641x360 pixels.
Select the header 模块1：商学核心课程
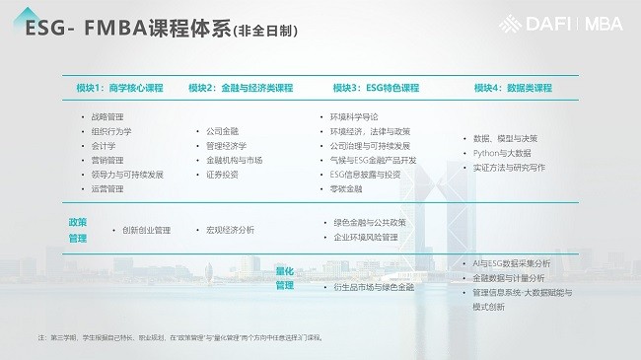[x=119, y=88]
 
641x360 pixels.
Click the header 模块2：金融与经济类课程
[x=241, y=88]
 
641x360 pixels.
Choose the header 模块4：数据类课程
[x=513, y=88]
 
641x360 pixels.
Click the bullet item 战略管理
[x=107, y=116]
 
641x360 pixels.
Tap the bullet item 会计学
[x=104, y=145]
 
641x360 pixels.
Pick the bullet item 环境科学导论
[x=354, y=116]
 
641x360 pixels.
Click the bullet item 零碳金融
[x=347, y=188]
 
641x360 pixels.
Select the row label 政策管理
[x=79, y=230]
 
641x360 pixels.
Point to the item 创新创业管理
[x=147, y=230]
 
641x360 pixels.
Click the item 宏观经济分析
[x=231, y=230]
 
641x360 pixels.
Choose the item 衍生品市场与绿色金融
[x=374, y=287]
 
